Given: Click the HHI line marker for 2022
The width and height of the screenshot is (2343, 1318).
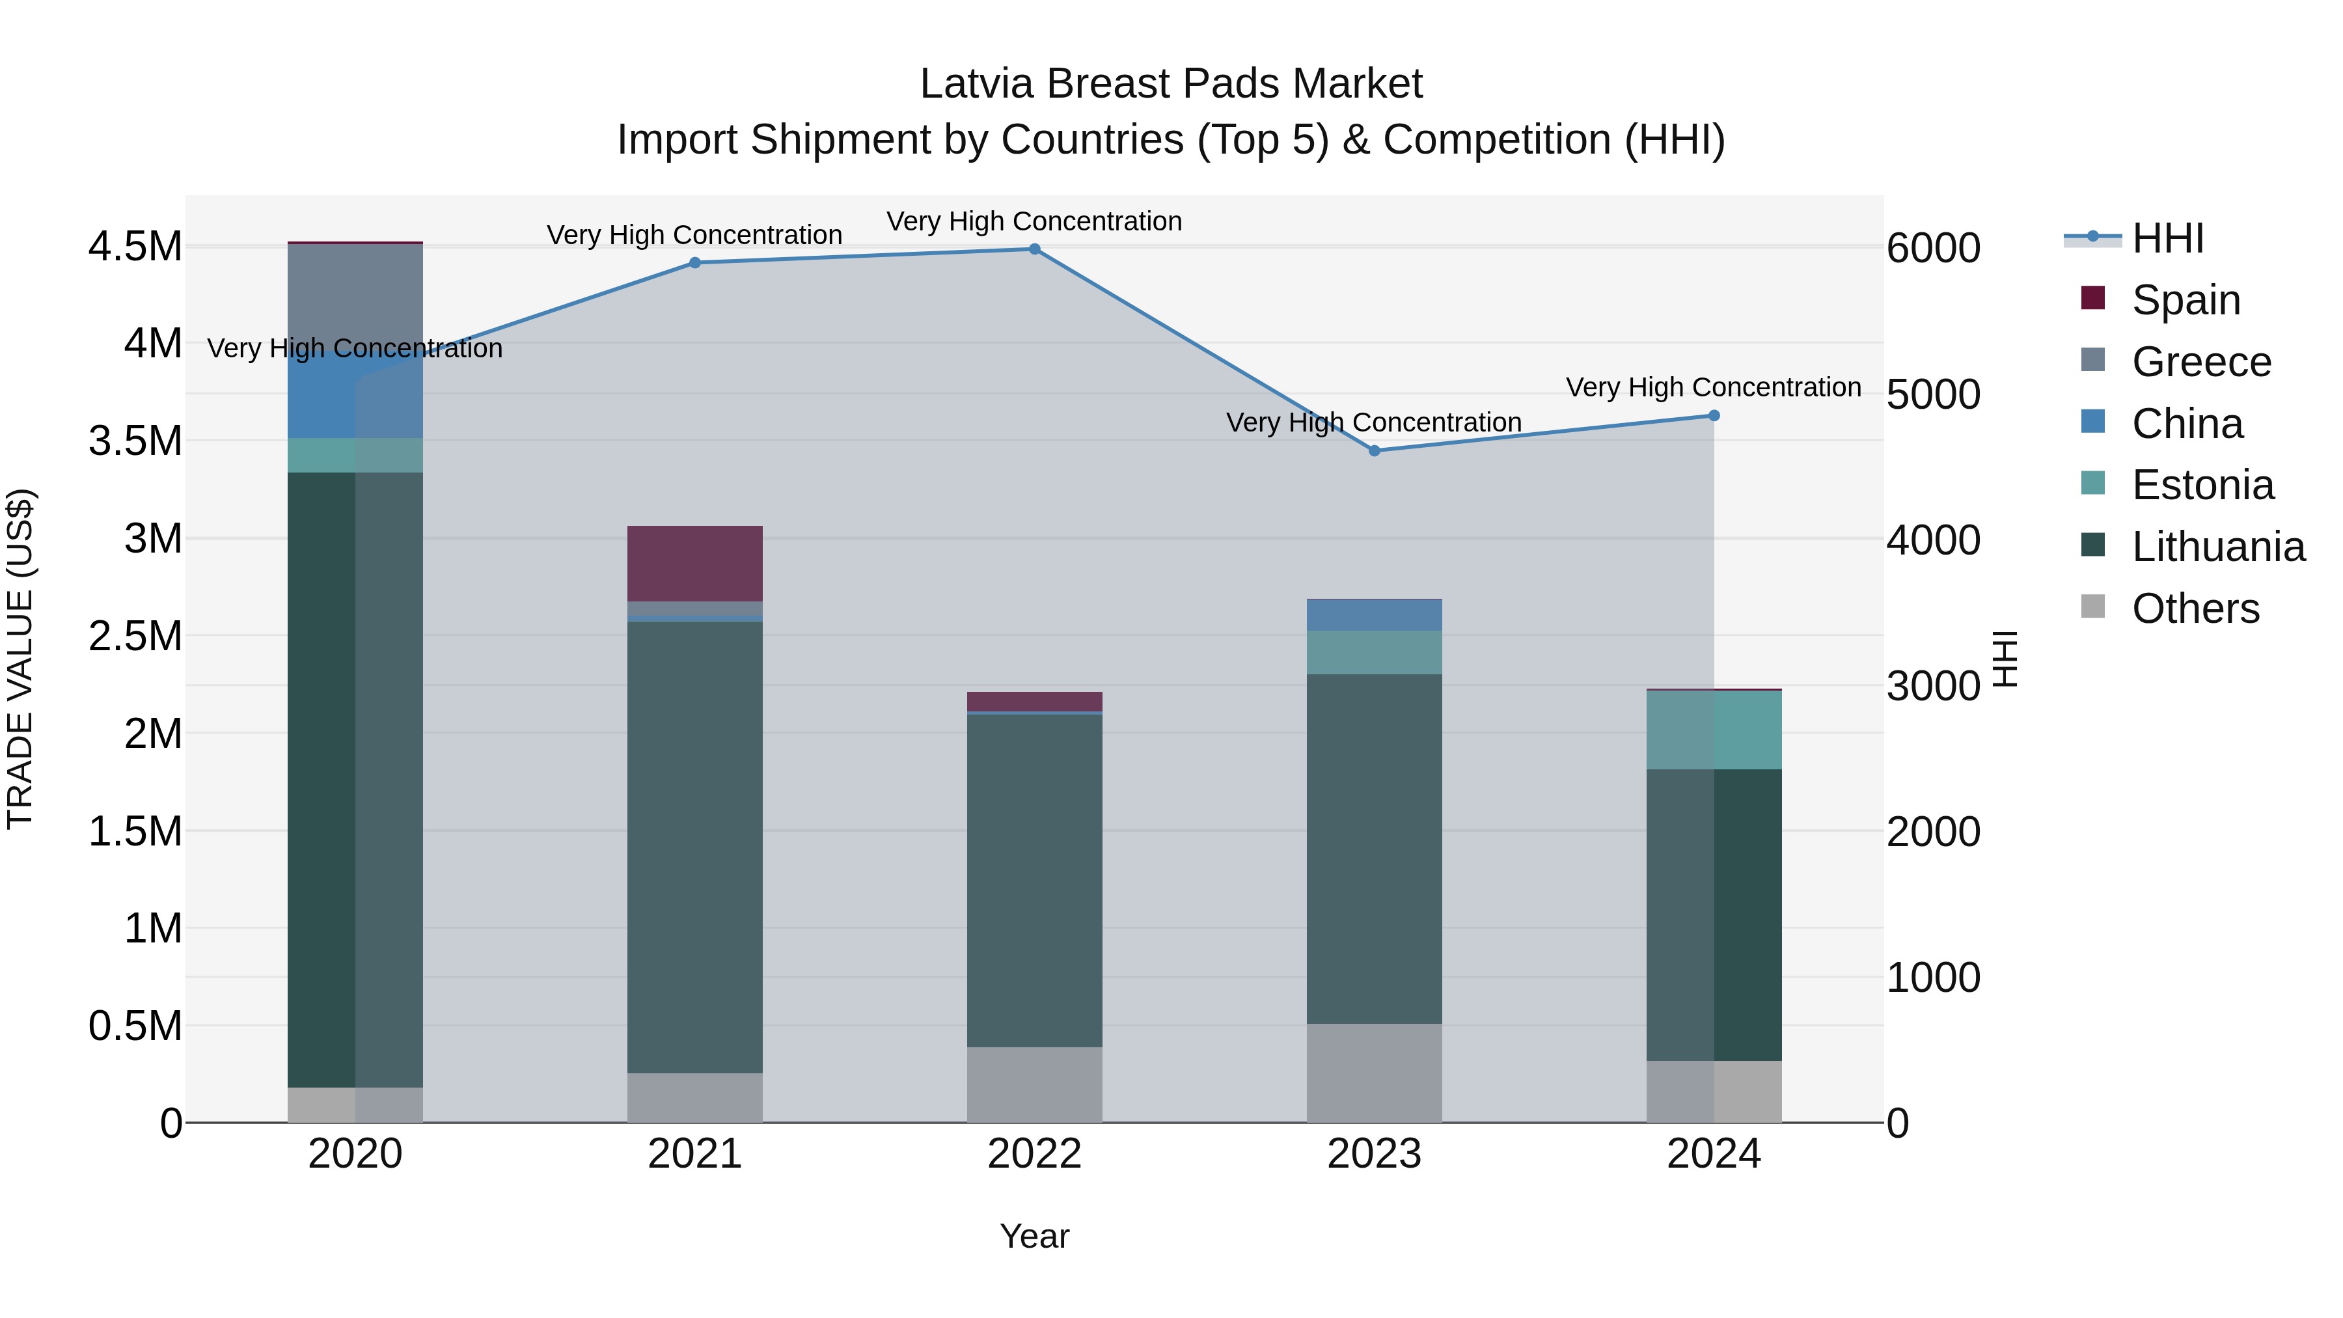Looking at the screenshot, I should click(1034, 249).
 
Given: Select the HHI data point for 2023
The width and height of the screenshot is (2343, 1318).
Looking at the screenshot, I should click(1375, 451).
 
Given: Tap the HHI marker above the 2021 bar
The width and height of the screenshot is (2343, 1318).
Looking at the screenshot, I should click(695, 263).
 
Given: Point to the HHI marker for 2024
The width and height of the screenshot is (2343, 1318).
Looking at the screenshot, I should click(1714, 416).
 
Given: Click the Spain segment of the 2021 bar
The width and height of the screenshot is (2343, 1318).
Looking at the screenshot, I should click(695, 563).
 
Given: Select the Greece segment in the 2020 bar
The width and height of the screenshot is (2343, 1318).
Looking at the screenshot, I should click(355, 295).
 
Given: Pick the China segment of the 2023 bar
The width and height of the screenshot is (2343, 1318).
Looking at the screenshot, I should click(1375, 615).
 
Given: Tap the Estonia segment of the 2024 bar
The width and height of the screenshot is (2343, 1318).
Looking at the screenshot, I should click(1714, 730).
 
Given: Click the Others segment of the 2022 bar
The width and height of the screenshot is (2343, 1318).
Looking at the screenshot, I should click(1034, 1084).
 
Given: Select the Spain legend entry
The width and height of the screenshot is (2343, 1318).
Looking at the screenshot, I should click(2185, 299).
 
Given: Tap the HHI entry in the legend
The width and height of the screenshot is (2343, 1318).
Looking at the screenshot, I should click(2167, 238).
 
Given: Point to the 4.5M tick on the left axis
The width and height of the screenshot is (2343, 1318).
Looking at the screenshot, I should click(135, 247).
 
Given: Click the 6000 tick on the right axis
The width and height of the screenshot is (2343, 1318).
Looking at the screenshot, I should click(1934, 249).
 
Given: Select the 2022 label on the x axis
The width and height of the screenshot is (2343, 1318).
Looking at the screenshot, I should click(1034, 1154).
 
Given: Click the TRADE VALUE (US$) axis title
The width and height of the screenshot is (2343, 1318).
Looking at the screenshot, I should click(20, 659).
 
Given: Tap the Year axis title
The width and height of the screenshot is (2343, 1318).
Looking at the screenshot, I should click(1034, 1236).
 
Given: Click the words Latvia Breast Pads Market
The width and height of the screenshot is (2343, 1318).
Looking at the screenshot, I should click(1171, 84).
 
